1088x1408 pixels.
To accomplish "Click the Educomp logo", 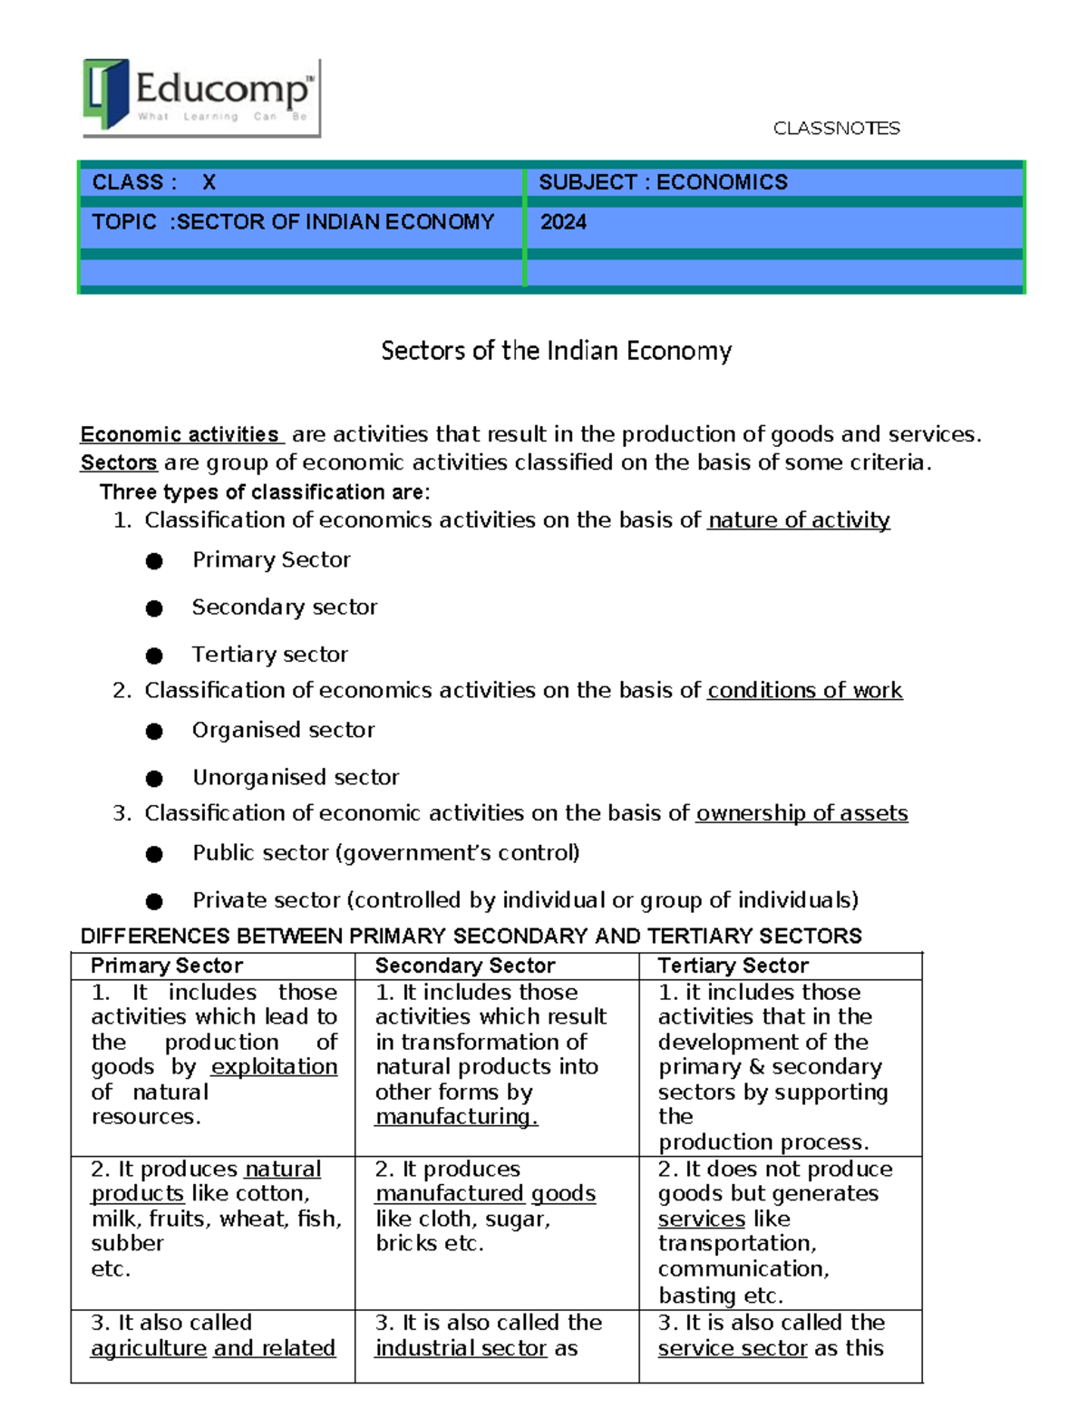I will [201, 97].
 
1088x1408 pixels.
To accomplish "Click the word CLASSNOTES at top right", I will [836, 129].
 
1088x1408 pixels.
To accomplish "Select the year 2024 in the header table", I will [563, 222].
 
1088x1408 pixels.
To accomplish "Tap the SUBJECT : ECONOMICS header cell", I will [663, 182].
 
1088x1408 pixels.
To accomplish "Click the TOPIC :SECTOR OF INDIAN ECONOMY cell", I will [293, 222].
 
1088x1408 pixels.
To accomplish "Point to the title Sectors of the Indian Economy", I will [556, 351].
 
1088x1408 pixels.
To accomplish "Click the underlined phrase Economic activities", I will [180, 434].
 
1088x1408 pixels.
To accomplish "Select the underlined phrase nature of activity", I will [799, 520].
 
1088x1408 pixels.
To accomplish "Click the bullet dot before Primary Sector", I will [154, 561].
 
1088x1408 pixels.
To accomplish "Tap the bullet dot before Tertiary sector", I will [154, 655].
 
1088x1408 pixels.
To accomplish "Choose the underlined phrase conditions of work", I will [804, 691].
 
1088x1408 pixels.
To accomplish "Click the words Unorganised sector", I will [296, 778].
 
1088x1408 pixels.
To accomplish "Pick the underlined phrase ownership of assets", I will [801, 813].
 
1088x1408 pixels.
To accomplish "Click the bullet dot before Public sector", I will [154, 854].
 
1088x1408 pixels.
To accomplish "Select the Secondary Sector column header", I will [465, 966].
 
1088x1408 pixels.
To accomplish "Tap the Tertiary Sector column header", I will [733, 966].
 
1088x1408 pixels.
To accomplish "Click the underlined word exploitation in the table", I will [274, 1067].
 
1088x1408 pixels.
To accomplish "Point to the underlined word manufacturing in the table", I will [456, 1117].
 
